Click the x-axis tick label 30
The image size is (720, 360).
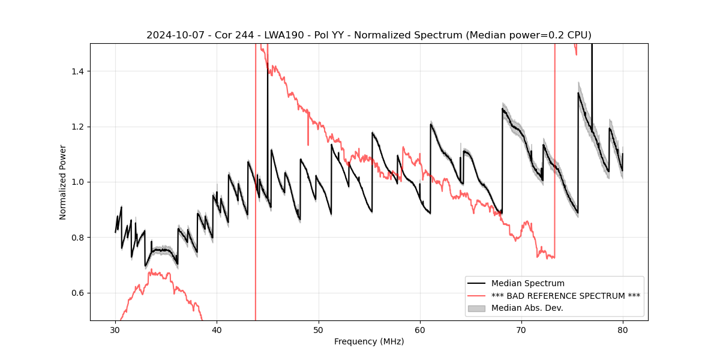coord(115,329)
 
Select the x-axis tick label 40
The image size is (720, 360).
coord(217,329)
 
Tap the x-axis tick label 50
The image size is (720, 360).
coord(319,329)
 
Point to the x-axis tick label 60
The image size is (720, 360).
coord(420,329)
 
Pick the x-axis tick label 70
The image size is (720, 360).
coord(521,329)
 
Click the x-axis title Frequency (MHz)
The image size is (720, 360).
coord(369,341)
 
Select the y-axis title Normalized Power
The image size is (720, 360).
coord(62,182)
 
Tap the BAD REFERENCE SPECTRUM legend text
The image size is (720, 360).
coord(565,296)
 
